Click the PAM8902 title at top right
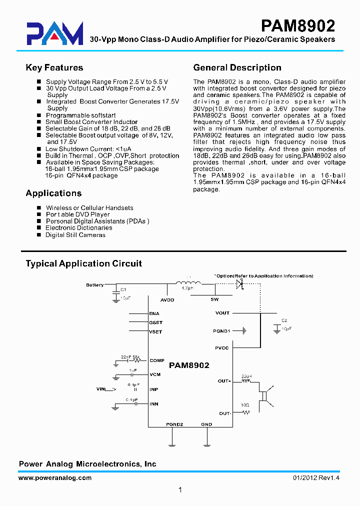298,25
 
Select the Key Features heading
54,67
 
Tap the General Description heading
237,67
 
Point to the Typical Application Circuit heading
84,263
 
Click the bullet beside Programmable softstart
39,115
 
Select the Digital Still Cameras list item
75,235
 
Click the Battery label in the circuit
94,285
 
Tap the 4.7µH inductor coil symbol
188,283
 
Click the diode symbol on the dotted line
239,283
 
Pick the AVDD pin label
167,300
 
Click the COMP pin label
156,360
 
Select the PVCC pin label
221,348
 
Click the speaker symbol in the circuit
263,394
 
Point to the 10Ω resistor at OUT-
245,413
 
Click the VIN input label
102,388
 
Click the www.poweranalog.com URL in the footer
55,478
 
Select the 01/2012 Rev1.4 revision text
316,478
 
